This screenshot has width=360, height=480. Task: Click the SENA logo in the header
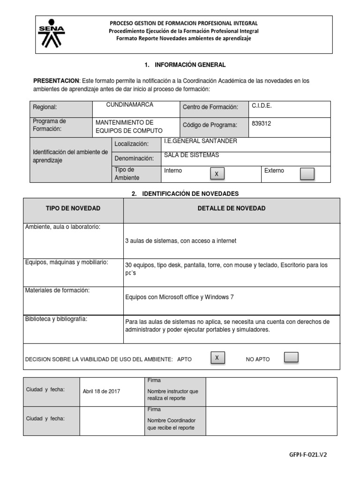click(52, 34)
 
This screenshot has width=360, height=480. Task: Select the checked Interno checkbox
click(217, 174)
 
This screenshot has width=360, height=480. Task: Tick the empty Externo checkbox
click(307, 174)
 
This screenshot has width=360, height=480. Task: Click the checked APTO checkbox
click(217, 358)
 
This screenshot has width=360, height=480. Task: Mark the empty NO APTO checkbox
click(291, 358)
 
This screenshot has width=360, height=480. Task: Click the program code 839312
click(262, 124)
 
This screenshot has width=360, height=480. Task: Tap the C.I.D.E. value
click(262, 106)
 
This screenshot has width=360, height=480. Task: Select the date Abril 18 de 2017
click(101, 391)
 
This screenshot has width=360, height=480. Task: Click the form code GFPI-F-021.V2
click(307, 455)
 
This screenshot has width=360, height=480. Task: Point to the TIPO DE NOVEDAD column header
click(73, 208)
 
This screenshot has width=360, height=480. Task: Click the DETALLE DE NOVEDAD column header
click(232, 208)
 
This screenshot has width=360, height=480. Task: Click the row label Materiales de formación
click(57, 290)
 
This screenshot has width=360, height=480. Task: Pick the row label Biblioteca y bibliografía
click(56, 319)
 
